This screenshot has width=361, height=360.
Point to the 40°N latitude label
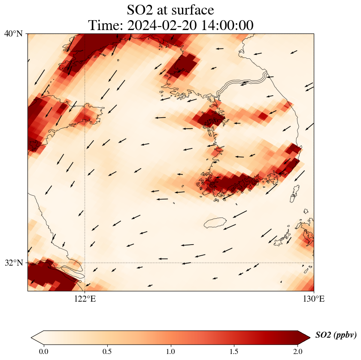click(14, 33)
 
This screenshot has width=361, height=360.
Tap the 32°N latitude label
click(14, 263)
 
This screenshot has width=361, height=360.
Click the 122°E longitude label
click(85, 299)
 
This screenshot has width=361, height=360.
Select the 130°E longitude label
click(314, 299)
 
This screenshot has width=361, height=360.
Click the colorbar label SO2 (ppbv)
click(336, 335)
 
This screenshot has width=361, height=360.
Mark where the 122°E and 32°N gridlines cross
click(85, 263)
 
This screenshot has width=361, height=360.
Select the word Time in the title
click(104, 25)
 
